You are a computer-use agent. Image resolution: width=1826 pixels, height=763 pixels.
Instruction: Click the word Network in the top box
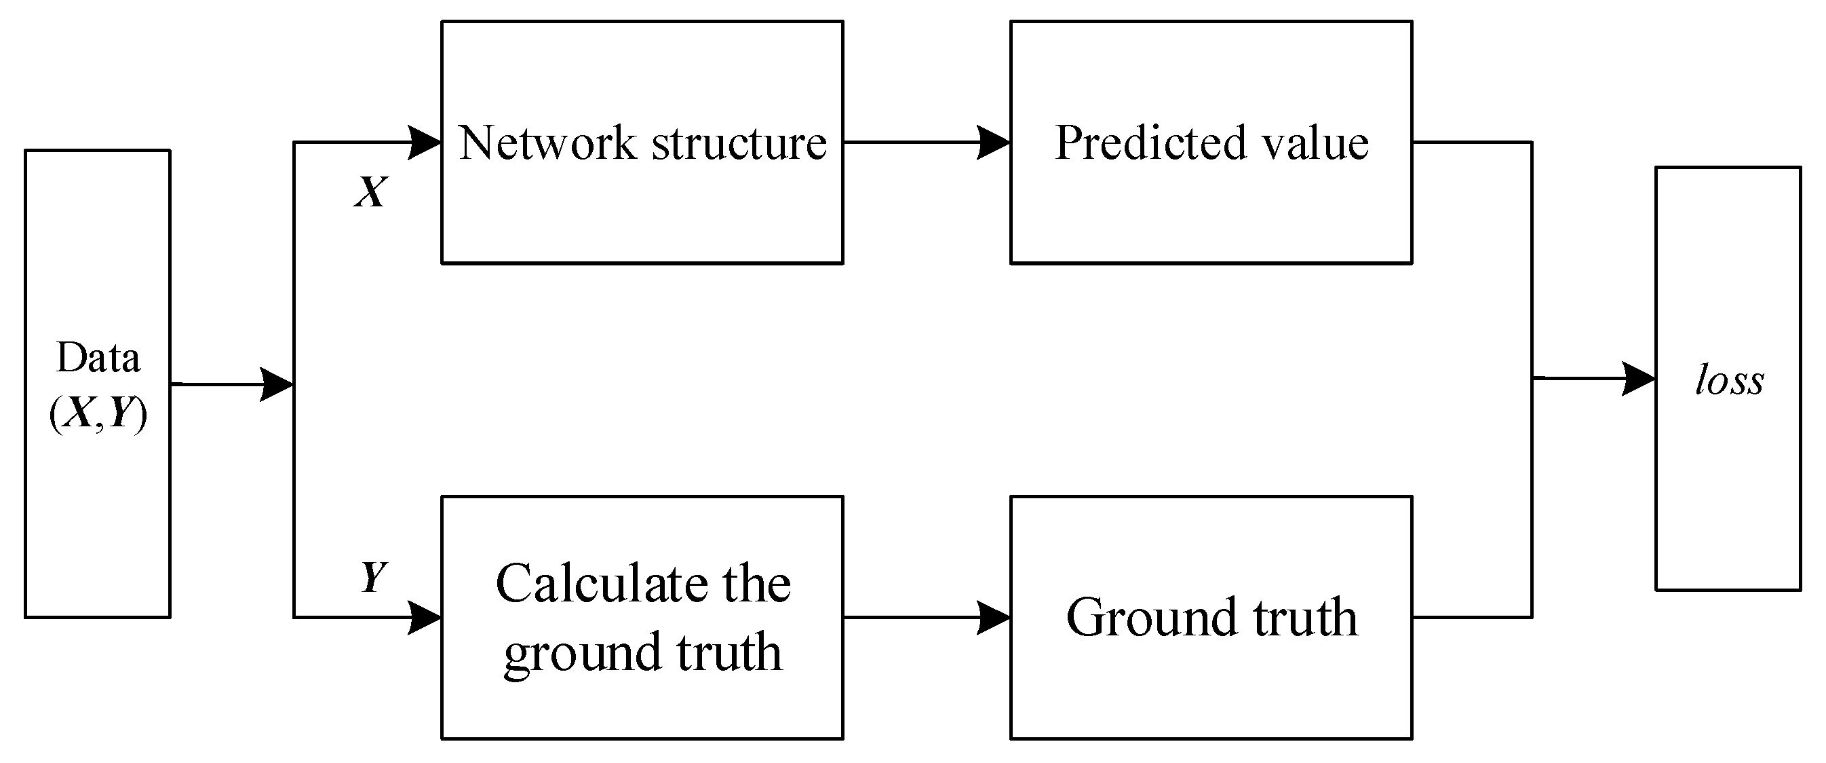(x=547, y=143)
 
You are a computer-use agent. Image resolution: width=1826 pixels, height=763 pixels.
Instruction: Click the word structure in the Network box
(x=739, y=143)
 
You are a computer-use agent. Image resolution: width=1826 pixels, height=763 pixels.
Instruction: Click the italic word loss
(x=1729, y=380)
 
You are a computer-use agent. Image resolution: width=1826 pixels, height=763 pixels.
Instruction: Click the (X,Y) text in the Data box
(x=98, y=413)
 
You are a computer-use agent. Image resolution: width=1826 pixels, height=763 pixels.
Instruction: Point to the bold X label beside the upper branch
(x=371, y=191)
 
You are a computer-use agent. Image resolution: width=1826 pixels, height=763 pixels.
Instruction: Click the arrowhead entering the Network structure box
(x=425, y=143)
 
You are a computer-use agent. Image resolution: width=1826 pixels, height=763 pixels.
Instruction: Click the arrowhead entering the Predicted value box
(x=993, y=143)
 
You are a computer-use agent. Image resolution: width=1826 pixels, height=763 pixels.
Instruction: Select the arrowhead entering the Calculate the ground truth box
(x=425, y=617)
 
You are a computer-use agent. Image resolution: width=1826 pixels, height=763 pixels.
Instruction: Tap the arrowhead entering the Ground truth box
(x=993, y=617)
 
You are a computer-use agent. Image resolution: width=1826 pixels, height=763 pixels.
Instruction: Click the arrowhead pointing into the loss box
(x=1638, y=379)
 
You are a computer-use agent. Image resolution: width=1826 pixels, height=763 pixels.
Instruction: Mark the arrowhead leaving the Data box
(x=277, y=384)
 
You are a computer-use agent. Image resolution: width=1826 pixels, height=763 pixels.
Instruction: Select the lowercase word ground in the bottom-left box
(x=582, y=652)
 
